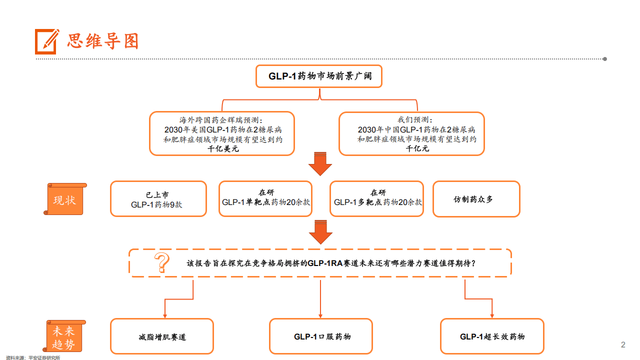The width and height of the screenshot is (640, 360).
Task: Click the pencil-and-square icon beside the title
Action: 47,41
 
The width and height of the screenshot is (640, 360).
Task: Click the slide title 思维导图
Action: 103,41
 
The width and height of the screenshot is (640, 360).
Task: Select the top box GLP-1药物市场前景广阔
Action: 319,76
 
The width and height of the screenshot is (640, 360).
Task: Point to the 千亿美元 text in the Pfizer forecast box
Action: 223,149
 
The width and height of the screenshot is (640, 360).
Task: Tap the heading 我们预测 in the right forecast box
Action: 415,119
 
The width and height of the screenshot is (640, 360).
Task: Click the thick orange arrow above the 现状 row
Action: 320,164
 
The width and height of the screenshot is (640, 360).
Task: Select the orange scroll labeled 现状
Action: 65,199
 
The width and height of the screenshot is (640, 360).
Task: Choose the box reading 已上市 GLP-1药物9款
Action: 158,199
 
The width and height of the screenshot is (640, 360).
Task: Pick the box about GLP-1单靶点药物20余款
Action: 265,199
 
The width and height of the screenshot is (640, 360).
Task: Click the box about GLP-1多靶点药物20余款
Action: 376,199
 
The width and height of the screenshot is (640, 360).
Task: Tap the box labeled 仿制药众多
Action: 476,199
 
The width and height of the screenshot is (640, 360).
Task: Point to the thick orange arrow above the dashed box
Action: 320,232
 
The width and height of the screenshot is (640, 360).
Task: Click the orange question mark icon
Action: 161,262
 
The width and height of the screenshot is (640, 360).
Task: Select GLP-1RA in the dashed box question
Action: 325,263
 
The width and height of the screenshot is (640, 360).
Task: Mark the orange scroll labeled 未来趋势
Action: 64,336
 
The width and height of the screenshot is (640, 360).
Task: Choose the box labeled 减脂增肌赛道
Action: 162,336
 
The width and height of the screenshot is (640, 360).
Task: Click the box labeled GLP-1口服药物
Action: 321,336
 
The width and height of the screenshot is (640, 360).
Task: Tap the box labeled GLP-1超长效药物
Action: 492,336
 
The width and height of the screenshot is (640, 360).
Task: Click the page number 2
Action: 623,344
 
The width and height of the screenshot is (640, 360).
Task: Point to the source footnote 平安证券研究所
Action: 44,357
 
